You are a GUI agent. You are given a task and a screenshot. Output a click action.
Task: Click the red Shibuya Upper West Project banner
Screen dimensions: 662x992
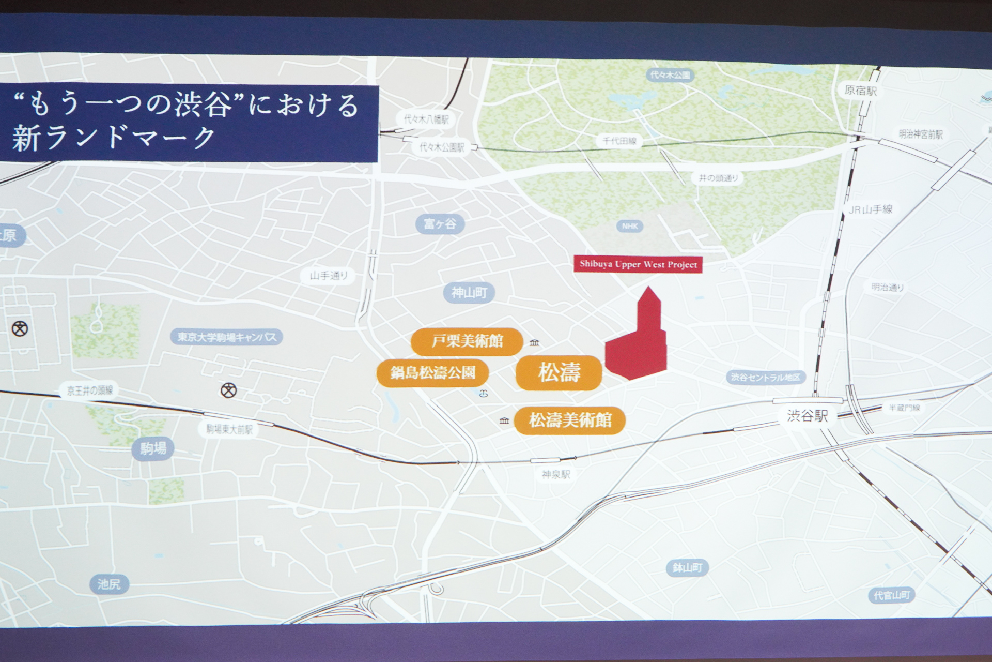point(638,264)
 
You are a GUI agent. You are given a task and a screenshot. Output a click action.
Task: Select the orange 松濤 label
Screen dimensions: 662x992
point(559,372)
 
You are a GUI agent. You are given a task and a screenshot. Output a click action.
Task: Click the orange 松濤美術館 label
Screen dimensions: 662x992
point(570,420)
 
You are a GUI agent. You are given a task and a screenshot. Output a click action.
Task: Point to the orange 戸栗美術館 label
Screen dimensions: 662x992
point(467,341)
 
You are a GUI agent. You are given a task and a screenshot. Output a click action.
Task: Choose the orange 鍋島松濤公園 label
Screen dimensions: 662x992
point(432,372)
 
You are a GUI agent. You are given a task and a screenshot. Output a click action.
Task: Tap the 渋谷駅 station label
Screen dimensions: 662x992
point(807,415)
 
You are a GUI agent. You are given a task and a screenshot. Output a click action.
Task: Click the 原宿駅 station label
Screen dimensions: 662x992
point(860,91)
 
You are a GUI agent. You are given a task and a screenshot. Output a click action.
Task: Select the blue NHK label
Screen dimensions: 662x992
point(630,226)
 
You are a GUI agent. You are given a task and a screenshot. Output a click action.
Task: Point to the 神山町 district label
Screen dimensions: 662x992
point(469,293)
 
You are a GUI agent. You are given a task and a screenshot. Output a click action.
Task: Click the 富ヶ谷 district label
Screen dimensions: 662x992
point(440,224)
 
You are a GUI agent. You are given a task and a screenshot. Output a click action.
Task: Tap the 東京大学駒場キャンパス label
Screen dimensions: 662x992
point(227,337)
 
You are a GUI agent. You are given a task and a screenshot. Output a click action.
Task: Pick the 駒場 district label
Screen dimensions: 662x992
point(153,448)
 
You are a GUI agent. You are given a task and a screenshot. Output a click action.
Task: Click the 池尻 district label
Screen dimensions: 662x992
point(109,584)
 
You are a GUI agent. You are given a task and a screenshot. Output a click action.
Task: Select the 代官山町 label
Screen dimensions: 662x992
point(891,595)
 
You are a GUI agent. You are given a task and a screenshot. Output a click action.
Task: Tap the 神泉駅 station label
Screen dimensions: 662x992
point(556,474)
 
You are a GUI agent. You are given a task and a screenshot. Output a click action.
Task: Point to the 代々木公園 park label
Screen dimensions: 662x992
point(670,75)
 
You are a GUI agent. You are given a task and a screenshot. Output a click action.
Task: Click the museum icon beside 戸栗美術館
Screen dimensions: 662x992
point(534,342)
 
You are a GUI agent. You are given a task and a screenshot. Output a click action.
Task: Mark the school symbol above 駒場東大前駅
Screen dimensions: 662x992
point(228,390)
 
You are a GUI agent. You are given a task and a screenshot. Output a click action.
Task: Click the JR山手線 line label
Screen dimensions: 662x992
point(871,209)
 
